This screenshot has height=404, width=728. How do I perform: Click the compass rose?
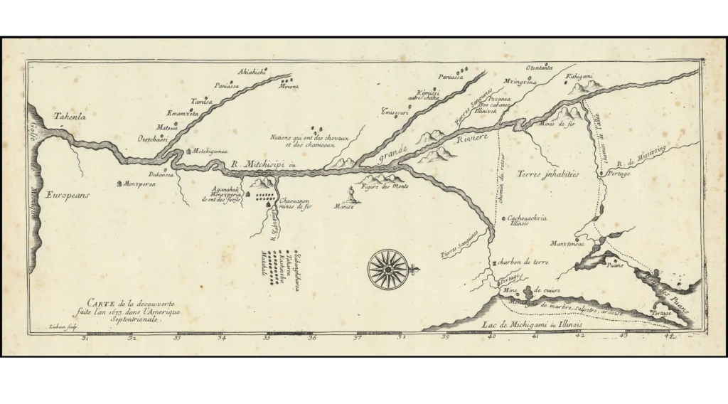coord(388,268)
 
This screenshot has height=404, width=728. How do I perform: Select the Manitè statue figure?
coord(350,194)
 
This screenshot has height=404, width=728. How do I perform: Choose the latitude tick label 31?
coord(86,338)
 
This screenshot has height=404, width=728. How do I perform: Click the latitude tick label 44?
coord(669,336)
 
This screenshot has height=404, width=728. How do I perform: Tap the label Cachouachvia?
coord(527,218)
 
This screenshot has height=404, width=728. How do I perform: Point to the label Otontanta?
coord(540,68)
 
